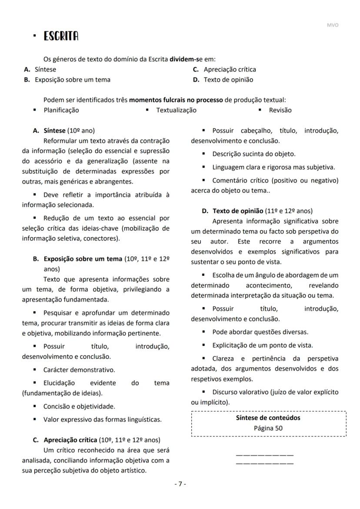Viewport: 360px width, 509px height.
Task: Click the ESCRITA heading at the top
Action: [61, 37]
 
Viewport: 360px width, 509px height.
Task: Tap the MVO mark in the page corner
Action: [332, 25]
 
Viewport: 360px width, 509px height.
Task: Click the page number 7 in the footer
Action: [180, 484]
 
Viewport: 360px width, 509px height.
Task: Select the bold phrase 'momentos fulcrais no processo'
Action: [176, 100]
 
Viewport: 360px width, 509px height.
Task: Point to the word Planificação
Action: [61, 110]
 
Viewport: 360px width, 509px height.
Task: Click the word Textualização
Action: [176, 110]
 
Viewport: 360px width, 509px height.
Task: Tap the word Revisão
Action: [280, 110]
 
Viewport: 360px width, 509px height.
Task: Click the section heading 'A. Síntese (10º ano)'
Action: [64, 131]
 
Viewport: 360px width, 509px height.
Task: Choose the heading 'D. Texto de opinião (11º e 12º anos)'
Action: [257, 211]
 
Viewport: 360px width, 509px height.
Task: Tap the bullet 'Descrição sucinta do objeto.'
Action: [253, 154]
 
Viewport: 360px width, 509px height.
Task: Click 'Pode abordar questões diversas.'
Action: [260, 332]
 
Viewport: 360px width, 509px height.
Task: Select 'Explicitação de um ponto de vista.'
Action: [262, 345]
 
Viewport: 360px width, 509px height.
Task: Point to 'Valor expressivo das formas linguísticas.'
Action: [102, 420]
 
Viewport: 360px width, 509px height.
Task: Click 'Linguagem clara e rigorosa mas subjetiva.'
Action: [273, 167]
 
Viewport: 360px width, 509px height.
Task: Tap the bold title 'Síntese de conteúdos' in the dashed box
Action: [268, 418]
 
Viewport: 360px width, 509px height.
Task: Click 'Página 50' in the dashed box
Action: [268, 428]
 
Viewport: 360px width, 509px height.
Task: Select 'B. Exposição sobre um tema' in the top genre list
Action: [67, 80]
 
